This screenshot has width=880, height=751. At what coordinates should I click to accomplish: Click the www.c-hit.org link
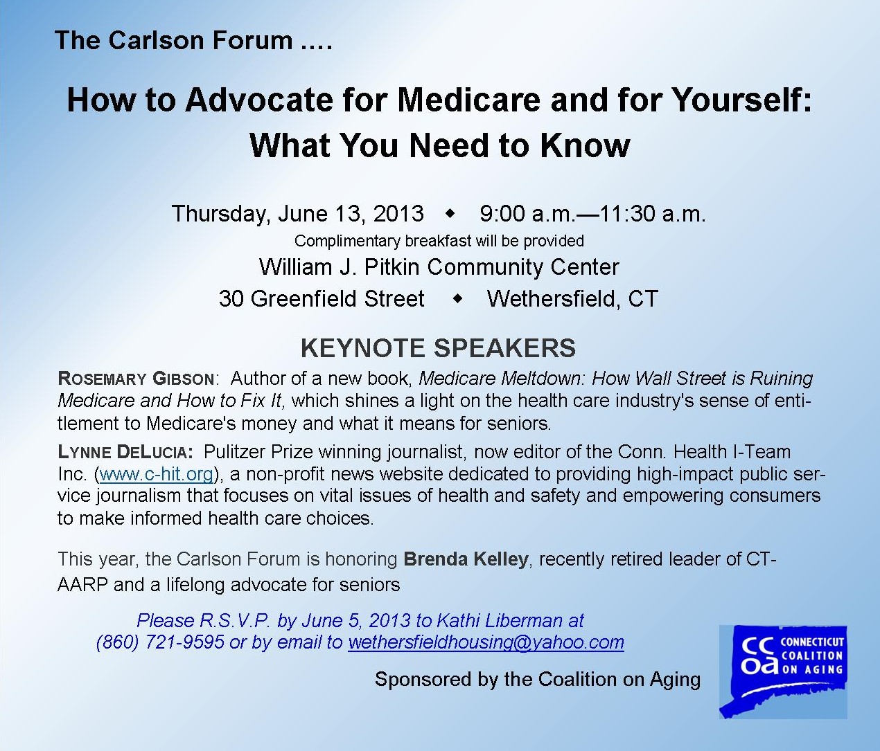pos(156,473)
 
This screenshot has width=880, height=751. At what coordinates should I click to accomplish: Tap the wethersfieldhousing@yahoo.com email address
pos(486,642)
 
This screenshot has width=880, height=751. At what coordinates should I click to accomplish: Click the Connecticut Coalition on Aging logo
pos(783,672)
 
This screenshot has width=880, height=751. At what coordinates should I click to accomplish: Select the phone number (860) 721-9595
pos(160,642)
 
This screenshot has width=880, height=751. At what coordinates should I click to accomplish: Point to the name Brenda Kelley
pos(466,559)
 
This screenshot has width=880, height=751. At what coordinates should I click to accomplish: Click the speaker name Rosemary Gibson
pos(136,378)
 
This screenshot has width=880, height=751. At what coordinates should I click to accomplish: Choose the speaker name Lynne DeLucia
pos(125,451)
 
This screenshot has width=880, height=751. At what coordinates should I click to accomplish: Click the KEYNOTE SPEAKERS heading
pos(438,348)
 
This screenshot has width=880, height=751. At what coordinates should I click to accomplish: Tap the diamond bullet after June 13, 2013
pos(450,213)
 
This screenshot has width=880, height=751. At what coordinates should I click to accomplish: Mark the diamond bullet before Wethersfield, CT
pos(457,298)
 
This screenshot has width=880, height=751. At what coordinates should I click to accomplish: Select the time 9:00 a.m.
pos(527,213)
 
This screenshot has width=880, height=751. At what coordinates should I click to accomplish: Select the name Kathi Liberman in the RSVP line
pos(499,620)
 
